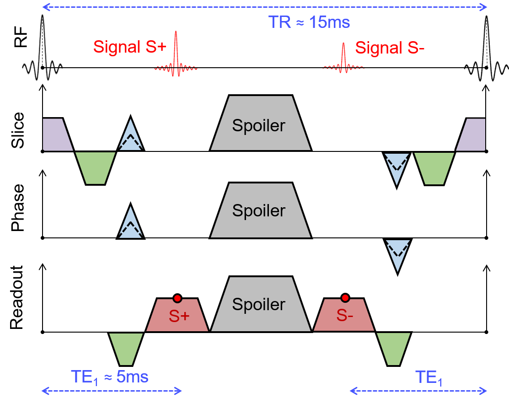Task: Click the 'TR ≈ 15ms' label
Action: [309, 22]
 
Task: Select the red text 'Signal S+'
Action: [123, 47]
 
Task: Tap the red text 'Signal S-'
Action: [390, 48]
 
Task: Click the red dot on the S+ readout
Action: [177, 299]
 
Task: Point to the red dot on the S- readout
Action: [345, 299]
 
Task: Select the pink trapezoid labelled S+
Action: [177, 316]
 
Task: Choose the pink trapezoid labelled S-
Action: [344, 316]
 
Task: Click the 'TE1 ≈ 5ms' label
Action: [110, 377]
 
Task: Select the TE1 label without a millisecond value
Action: [429, 378]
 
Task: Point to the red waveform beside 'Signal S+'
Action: [177, 54]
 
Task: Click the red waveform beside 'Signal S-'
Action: [344, 58]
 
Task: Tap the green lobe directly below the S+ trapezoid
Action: [126, 348]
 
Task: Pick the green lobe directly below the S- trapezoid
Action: [393, 348]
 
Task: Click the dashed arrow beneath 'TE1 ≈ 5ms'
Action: [112, 391]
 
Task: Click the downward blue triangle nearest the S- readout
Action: [396, 255]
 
